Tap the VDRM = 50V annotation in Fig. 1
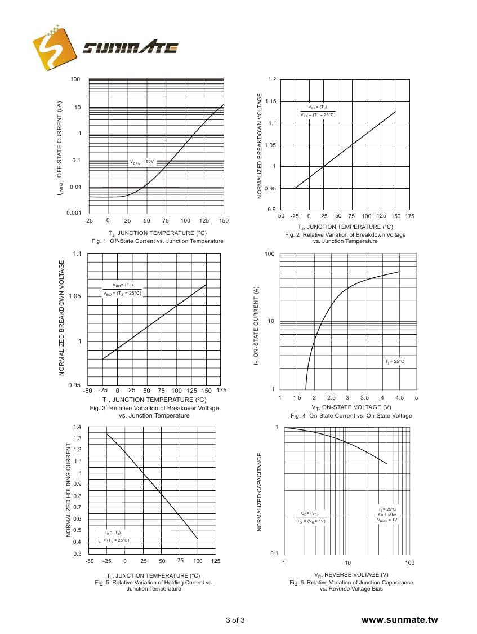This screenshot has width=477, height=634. pyautogui.click(x=142, y=162)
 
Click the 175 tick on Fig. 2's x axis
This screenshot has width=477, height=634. pyautogui.click(x=409, y=216)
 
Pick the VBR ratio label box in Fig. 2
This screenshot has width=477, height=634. pyautogui.click(x=318, y=111)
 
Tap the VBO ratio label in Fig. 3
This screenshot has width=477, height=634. pyautogui.click(x=122, y=289)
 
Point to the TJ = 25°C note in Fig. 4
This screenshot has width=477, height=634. pyautogui.click(x=394, y=361)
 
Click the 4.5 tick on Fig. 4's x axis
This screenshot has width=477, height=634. pyautogui.click(x=399, y=398)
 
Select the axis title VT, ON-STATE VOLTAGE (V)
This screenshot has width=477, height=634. pyautogui.click(x=351, y=407)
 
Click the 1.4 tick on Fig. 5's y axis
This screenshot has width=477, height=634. pyautogui.click(x=77, y=427)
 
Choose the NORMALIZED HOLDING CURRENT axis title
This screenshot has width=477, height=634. pyautogui.click(x=69, y=490)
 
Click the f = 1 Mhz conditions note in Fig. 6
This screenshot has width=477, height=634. pyautogui.click(x=387, y=515)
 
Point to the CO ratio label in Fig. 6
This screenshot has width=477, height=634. pyautogui.click(x=310, y=517)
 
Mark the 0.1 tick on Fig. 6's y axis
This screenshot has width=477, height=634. pyautogui.click(x=274, y=553)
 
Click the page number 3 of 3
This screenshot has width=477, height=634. pyautogui.click(x=235, y=621)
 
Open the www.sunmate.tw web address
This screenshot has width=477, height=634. pyautogui.click(x=399, y=620)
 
